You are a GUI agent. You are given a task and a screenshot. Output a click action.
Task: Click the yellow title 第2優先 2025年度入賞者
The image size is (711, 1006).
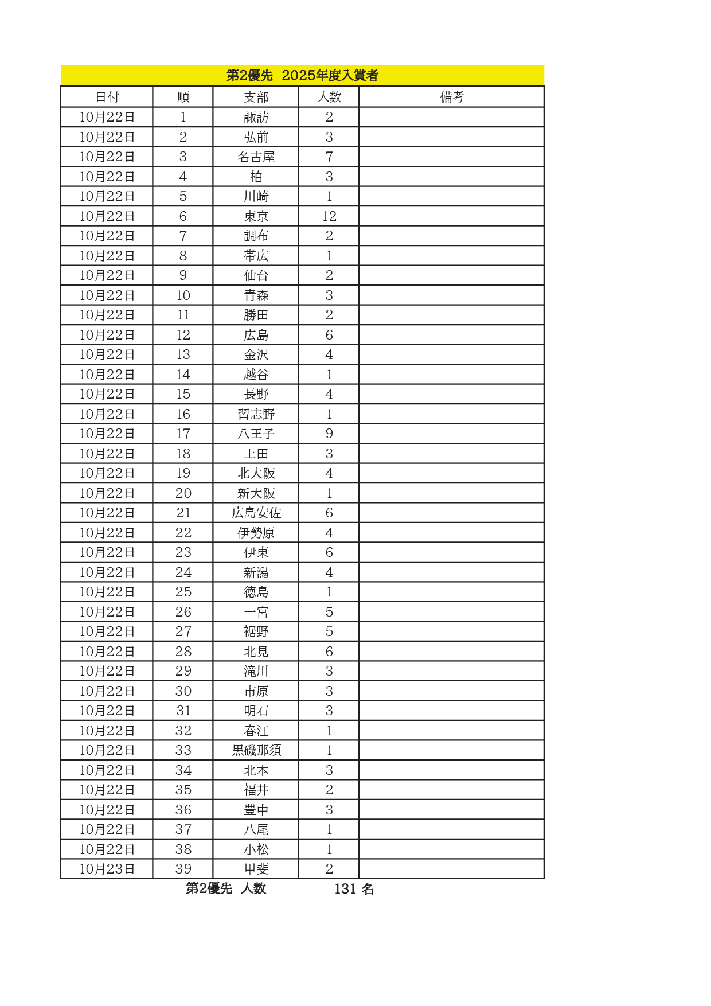click(302, 75)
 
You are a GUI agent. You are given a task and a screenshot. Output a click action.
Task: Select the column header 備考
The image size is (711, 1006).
click(451, 97)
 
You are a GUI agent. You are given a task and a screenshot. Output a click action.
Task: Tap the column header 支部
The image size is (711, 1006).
click(256, 97)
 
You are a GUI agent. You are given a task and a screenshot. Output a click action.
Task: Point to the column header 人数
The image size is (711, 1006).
click(329, 97)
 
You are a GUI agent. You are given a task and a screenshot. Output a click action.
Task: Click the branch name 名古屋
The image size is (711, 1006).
click(256, 157)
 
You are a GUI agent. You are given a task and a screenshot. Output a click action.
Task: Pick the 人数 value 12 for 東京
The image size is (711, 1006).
click(329, 216)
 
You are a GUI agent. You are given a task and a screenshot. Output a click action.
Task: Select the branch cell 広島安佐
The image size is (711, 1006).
click(256, 513)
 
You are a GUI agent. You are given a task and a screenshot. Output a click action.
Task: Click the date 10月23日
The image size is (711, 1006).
click(107, 869)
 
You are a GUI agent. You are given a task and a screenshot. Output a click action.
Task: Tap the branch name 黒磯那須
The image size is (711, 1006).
click(256, 750)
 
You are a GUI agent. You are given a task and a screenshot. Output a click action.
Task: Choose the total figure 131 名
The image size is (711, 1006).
click(354, 889)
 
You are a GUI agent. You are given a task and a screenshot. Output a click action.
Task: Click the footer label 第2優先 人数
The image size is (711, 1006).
click(226, 888)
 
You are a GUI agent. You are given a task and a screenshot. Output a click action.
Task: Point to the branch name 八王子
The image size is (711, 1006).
click(256, 434)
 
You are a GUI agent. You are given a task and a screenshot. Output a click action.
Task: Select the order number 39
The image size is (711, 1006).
click(183, 869)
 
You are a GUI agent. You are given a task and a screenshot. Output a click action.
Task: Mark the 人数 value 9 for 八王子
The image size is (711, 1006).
click(329, 434)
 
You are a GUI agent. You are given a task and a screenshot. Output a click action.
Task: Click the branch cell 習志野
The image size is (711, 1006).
click(256, 414)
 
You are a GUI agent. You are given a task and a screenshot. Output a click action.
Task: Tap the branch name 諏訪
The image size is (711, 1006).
click(256, 117)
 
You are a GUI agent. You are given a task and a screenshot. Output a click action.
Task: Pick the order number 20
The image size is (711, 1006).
click(183, 493)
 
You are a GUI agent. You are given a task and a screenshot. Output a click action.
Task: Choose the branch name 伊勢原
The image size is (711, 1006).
click(256, 533)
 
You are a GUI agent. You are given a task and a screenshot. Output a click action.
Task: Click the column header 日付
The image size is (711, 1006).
click(107, 97)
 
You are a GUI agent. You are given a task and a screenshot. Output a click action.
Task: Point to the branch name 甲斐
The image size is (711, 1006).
click(256, 869)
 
